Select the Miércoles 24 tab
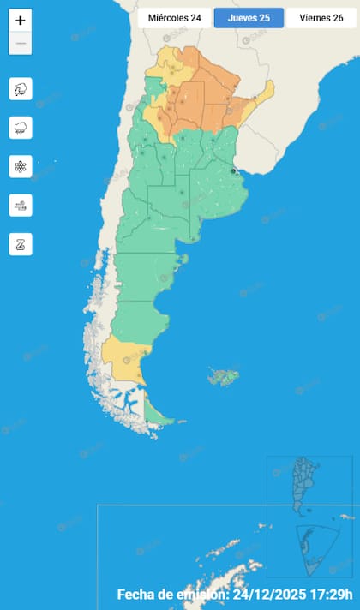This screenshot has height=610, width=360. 174,18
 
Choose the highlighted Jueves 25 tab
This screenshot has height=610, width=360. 249,18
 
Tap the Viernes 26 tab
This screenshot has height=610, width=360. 322,18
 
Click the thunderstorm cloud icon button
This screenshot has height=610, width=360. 21,88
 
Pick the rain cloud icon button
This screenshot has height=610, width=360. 21,128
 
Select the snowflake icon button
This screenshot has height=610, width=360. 21,166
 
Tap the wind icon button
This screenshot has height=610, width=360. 21,205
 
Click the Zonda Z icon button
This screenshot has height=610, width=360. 21,244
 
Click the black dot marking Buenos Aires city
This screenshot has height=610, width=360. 233,171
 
